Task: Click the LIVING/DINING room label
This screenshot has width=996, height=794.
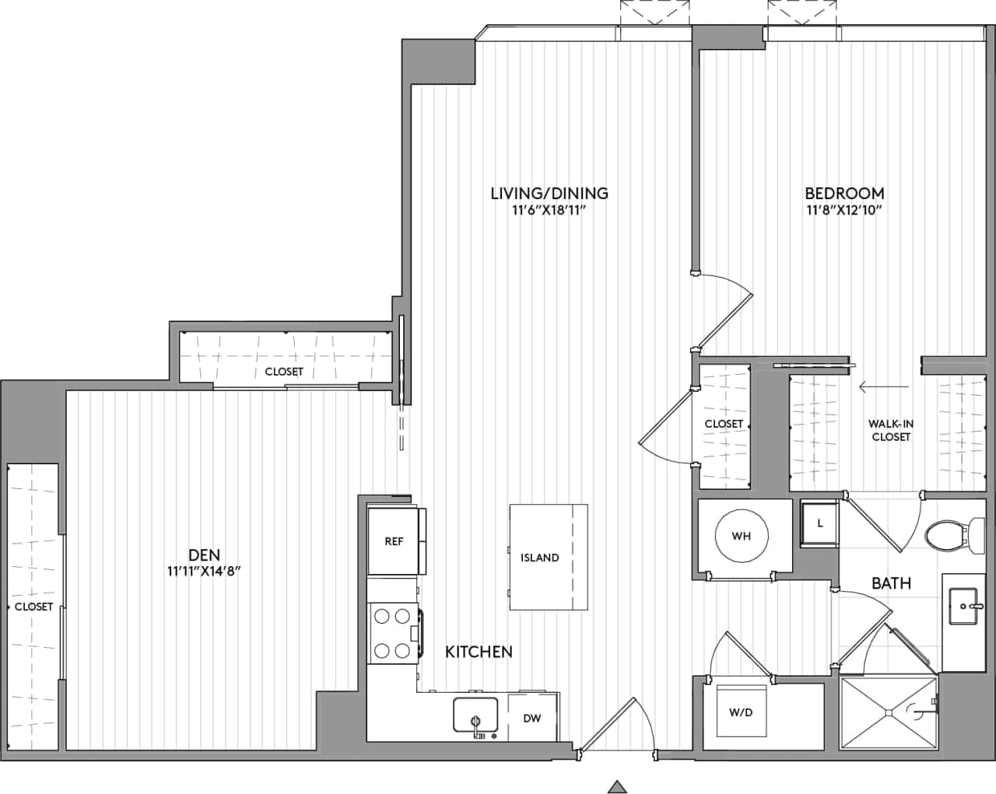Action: (549, 193)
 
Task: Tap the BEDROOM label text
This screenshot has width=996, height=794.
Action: (844, 193)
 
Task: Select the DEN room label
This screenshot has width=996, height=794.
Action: (204, 554)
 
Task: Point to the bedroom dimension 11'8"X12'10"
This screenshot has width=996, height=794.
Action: (844, 210)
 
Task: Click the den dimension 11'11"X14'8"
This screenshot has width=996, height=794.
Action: (204, 572)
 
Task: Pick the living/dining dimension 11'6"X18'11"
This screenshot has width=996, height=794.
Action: (549, 210)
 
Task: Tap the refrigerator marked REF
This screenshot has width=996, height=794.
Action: (395, 541)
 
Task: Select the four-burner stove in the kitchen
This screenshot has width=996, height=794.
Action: (393, 633)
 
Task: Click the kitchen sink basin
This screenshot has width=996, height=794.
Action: (475, 714)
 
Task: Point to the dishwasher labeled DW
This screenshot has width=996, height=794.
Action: (532, 718)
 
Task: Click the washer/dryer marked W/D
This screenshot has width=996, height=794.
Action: (741, 711)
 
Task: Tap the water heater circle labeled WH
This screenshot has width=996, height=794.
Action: (741, 536)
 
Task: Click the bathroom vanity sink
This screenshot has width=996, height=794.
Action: (964, 605)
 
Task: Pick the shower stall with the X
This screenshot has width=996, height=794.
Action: (889, 712)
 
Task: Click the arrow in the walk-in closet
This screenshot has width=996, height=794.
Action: (884, 386)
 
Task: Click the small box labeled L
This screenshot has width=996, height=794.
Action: (819, 524)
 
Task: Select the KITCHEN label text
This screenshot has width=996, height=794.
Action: (479, 652)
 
